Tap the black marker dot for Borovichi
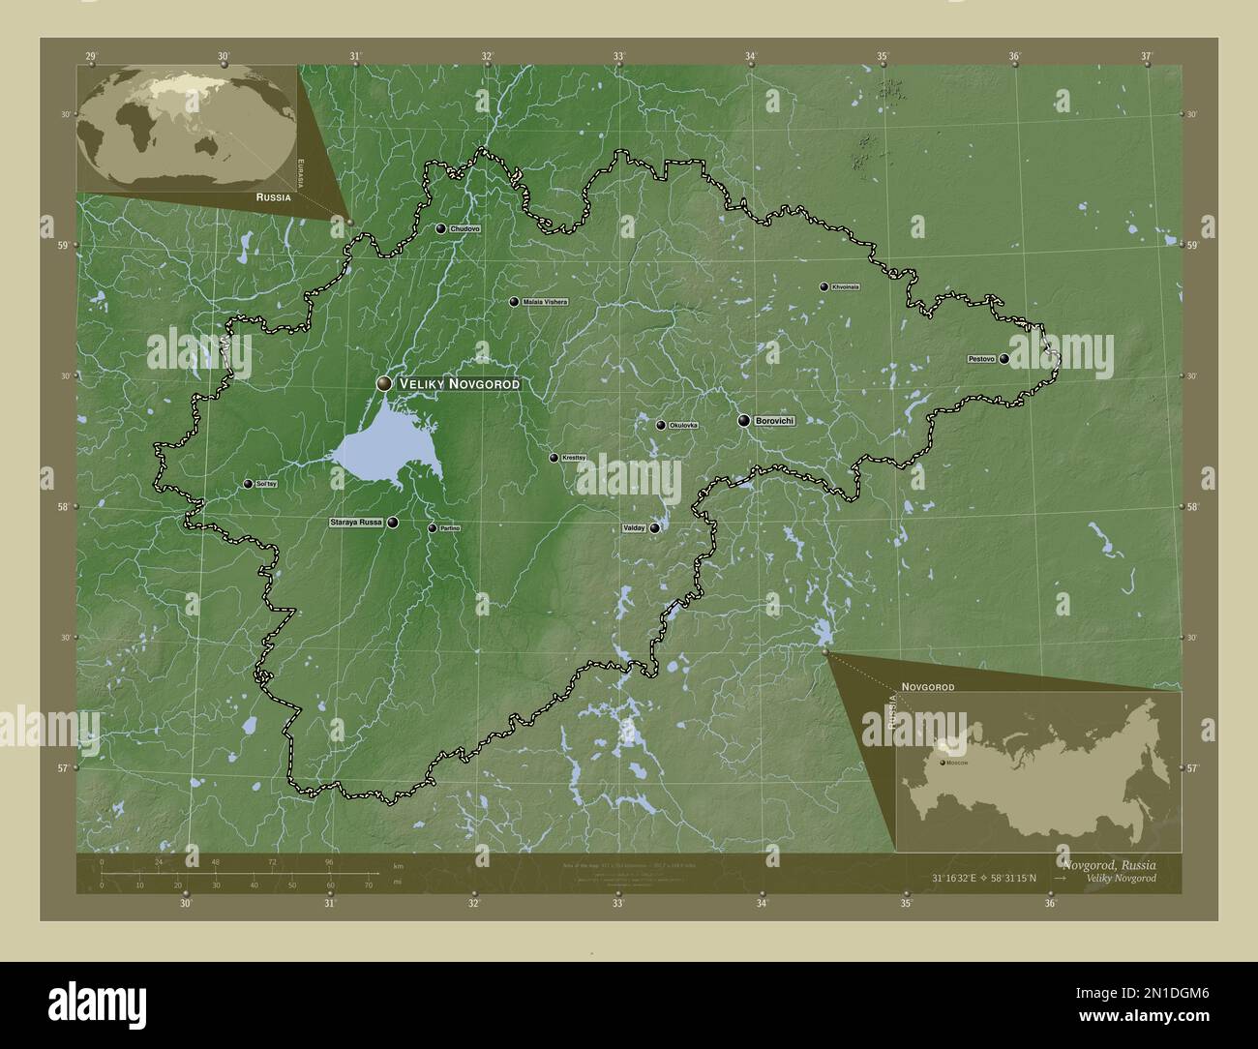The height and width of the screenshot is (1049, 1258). click(x=743, y=421)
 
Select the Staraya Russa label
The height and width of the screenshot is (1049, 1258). click(x=356, y=523)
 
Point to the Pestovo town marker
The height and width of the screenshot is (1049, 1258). click(x=1004, y=359)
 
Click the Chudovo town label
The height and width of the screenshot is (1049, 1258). click(x=464, y=228)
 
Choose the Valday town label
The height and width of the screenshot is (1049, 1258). click(x=633, y=528)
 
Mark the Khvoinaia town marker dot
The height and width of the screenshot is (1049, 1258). click(x=824, y=286)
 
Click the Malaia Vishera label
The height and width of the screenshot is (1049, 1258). click(x=545, y=302)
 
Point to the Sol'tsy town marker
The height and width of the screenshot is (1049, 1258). click(x=248, y=484)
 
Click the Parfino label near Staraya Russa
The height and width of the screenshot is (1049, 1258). click(x=449, y=528)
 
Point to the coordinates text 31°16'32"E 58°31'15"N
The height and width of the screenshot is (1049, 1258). click(x=983, y=878)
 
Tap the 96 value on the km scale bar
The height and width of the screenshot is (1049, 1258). click(x=329, y=861)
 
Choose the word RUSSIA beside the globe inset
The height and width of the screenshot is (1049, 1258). click(x=274, y=196)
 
